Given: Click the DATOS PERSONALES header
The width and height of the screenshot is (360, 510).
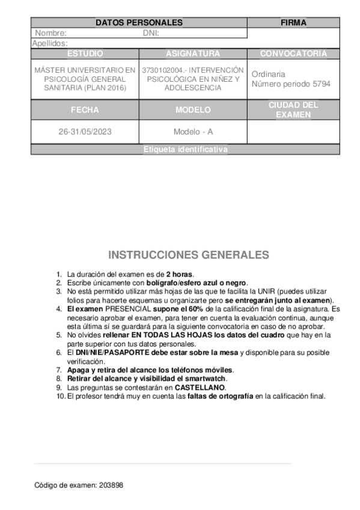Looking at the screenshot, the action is tap(139, 23).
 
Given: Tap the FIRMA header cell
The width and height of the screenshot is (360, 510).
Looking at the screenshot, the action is tap(293, 23).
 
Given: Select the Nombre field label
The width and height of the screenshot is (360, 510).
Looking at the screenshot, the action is tap(50, 33).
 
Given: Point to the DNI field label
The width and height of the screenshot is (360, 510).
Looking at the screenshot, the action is tap(150, 33).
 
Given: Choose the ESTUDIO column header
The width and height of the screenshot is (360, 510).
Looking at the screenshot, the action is tap(85, 54).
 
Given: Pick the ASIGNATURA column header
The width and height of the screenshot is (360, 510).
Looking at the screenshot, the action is tap(193, 54).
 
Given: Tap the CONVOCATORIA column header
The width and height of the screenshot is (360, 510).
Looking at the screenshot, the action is tap(293, 54).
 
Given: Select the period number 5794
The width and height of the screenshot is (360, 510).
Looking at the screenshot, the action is tap(319, 84).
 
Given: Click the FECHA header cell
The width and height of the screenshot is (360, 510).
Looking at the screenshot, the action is tap(85, 110).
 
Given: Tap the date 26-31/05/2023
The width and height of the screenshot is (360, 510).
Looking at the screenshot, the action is tap(85, 132).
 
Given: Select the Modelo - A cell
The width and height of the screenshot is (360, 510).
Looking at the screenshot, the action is tap(193, 132).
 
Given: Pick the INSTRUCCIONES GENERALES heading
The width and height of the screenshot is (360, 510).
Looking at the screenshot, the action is tap(188, 255).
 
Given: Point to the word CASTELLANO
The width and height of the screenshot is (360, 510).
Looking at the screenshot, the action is tap(200, 388).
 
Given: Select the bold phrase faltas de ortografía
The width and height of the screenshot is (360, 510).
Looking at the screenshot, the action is tap(221, 396).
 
